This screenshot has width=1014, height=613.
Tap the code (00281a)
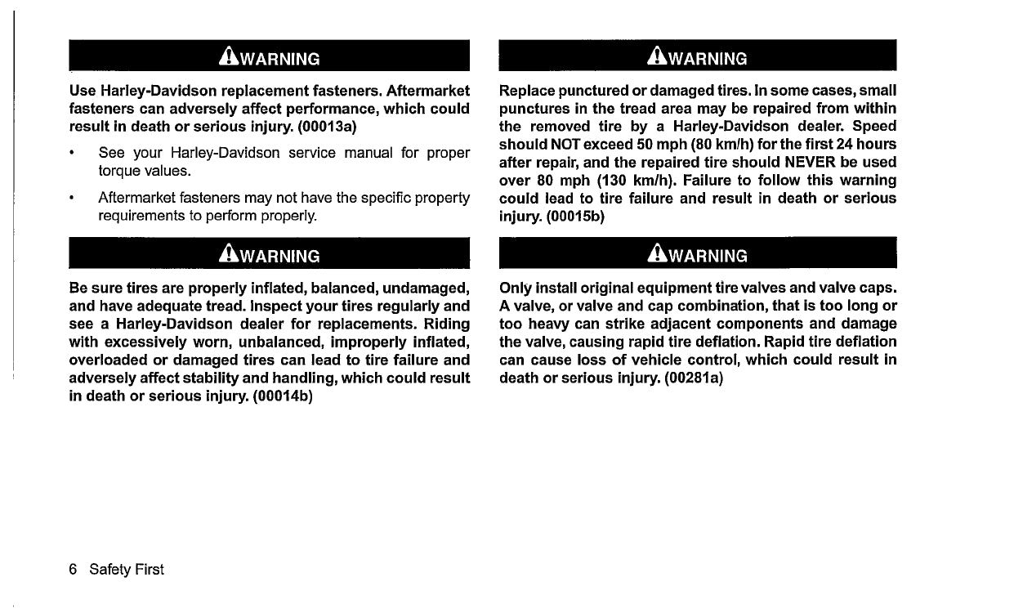coord(694,378)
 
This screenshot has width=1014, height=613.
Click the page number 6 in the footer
coord(74,569)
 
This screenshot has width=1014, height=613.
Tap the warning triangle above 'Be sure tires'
coord(226,255)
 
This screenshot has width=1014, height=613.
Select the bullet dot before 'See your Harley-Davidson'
coord(74,154)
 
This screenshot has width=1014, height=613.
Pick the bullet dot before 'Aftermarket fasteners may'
coord(74,199)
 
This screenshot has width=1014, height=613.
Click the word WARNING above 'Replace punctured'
coord(708,59)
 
